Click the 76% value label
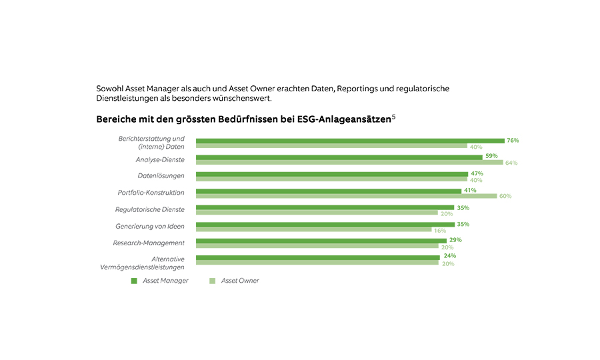pos(513,141)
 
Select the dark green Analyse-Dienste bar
pos(339,157)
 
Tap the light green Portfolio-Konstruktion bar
pos(346,196)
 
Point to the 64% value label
pos(512,163)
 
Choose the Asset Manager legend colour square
pos(134,281)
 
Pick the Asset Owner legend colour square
pos(213,281)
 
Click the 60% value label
pos(505,196)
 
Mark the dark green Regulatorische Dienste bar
pos(325,207)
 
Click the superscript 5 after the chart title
pos(394,117)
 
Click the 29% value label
pos(455,240)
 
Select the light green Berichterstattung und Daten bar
pos(331,146)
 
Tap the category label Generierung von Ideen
pos(150,226)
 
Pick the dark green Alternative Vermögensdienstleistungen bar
pos(317,257)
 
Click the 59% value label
pos(491,157)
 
